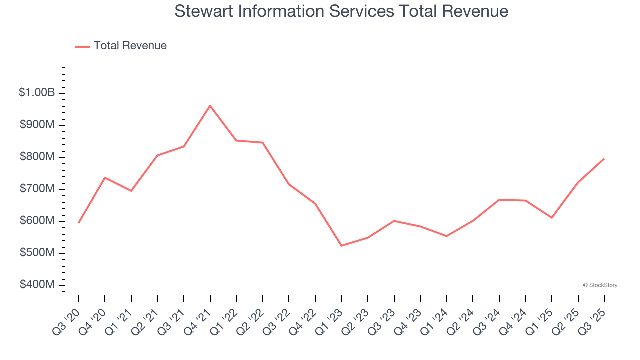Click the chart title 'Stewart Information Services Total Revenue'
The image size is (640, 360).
pyautogui.click(x=341, y=11)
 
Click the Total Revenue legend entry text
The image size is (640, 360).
pyautogui.click(x=130, y=46)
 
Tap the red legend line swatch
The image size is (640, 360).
pyautogui.click(x=82, y=46)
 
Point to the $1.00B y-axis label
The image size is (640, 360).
pyautogui.click(x=37, y=93)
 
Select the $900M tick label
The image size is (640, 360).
pyautogui.click(x=37, y=125)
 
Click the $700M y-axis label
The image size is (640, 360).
pyautogui.click(x=37, y=189)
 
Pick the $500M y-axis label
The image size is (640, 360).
pyautogui.click(x=37, y=253)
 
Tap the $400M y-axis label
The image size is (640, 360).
pyautogui.click(x=37, y=285)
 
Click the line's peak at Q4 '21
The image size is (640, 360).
pyautogui.click(x=210, y=106)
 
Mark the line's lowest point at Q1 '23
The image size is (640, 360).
pyautogui.click(x=341, y=246)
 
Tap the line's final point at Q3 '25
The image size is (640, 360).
pyautogui.click(x=604, y=159)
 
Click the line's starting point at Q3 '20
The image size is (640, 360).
pyautogui.click(x=79, y=222)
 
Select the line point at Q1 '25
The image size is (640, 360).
pyautogui.click(x=552, y=218)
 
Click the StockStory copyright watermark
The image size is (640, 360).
pyautogui.click(x=600, y=285)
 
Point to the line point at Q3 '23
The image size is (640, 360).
pyautogui.click(x=394, y=221)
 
